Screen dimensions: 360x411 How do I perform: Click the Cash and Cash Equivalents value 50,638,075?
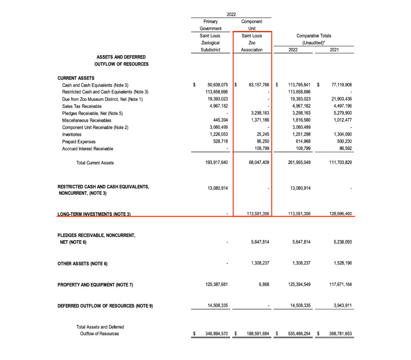pyautogui.click(x=218, y=85)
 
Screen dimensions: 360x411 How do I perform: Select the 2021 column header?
pyautogui.click(x=335, y=50)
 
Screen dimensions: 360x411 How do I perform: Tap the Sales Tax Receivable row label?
pyautogui.click(x=82, y=106)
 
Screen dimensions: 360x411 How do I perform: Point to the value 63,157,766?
pyautogui.click(x=259, y=85)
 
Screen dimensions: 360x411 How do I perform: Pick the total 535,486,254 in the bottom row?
pyautogui.click(x=296, y=334)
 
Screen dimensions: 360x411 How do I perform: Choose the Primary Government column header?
pyautogui.click(x=210, y=25)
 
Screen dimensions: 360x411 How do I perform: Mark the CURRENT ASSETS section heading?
pyautogui.click(x=76, y=78)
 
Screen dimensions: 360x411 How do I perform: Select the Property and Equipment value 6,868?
pyautogui.click(x=263, y=284)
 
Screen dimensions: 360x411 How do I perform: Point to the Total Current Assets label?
pyautogui.click(x=95, y=163)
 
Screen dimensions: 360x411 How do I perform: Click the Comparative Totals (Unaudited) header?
pyautogui.click(x=314, y=39)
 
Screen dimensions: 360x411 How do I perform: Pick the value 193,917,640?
pyautogui.click(x=217, y=162)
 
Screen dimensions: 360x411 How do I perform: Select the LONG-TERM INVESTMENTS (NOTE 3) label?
pyautogui.click(x=94, y=214)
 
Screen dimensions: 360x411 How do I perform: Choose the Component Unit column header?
pyautogui.click(x=252, y=25)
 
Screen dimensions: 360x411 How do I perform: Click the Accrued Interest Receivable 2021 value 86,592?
pyautogui.click(x=344, y=148)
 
